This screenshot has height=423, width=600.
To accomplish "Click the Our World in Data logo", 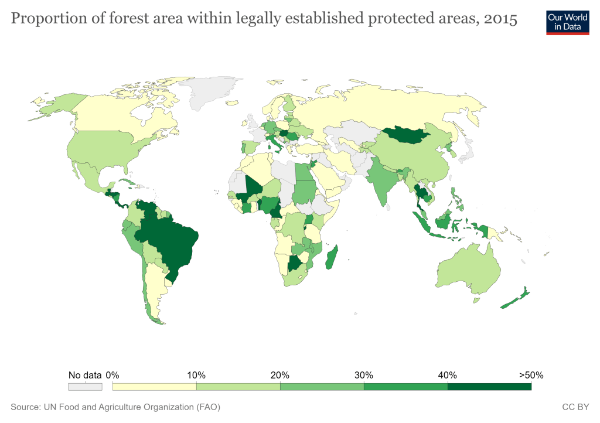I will [567, 22].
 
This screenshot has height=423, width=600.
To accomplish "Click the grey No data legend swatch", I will [86, 387].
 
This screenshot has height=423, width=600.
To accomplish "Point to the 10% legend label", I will [196, 375].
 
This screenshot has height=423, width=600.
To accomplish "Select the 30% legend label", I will [363, 375].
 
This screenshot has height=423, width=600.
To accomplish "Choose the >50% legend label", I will [531, 375].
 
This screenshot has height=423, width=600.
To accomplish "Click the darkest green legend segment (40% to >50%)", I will [489, 387].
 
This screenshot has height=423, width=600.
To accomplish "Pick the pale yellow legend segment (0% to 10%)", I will [154, 387].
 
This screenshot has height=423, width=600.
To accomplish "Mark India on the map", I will [384, 182].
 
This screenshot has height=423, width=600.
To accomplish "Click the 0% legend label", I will [112, 375].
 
